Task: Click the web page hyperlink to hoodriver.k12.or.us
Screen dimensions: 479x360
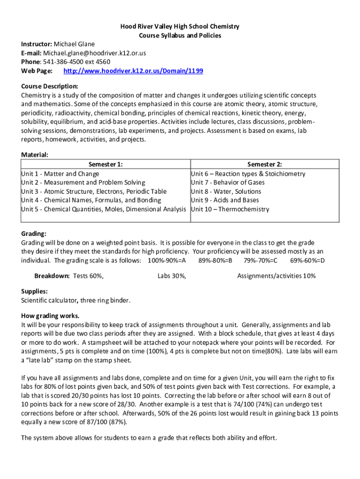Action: tap(133, 71)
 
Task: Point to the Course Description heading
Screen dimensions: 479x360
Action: tap(50, 87)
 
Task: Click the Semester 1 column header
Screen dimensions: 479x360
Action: tap(106, 165)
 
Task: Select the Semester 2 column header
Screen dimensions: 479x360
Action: tap(265, 165)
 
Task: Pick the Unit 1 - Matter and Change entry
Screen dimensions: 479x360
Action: tap(60, 174)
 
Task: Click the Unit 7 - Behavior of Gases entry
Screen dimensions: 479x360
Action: tap(228, 182)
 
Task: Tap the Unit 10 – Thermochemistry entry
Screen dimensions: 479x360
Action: tap(230, 209)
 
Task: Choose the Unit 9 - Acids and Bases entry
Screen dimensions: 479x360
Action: tap(225, 200)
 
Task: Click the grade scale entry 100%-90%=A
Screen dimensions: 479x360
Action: tap(166, 261)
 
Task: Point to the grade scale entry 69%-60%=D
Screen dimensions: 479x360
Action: tap(307, 261)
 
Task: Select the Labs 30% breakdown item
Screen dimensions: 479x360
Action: tap(172, 276)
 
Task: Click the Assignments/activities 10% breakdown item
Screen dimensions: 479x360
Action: tap(276, 276)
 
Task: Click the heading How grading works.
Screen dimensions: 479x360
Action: tap(50, 316)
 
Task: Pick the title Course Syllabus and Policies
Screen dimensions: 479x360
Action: tap(180, 36)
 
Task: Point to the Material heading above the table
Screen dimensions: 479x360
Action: tap(35, 155)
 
